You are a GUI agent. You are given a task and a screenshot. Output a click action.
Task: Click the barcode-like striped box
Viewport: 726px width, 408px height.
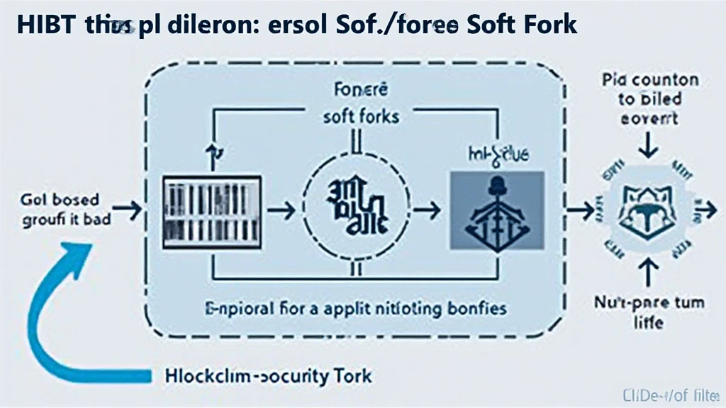click(x=212, y=211)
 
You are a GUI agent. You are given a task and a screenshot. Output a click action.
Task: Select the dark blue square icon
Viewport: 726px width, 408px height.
click(x=497, y=210)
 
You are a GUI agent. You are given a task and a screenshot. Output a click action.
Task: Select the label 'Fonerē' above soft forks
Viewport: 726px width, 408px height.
click(x=360, y=91)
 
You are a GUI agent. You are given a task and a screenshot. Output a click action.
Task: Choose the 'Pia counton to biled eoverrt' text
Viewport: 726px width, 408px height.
click(x=649, y=99)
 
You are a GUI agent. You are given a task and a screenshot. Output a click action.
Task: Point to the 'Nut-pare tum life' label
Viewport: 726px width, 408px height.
click(x=649, y=312)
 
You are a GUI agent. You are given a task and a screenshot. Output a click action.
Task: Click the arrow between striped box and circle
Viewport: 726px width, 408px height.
click(x=285, y=210)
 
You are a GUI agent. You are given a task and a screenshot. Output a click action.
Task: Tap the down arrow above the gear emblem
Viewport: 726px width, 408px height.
click(x=649, y=147)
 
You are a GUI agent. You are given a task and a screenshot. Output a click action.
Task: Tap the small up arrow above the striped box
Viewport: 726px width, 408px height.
click(x=210, y=150)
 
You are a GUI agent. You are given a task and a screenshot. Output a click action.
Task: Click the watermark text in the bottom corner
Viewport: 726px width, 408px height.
click(x=669, y=395)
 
